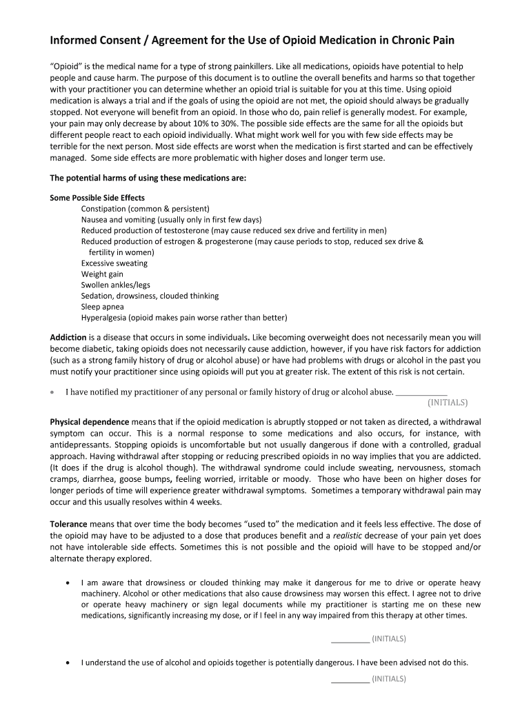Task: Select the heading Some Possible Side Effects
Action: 97,197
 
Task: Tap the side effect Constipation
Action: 104,208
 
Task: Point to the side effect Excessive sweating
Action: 114,263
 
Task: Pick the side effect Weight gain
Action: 102,274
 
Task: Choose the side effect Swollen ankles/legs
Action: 115,285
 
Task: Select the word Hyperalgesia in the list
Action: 104,318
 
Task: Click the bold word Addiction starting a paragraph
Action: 68,338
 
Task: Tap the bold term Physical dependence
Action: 89,421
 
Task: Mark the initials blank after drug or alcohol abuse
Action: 421,392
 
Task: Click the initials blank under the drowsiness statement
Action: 350,638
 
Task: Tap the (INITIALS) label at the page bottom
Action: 388,678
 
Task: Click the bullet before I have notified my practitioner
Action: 53,392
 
